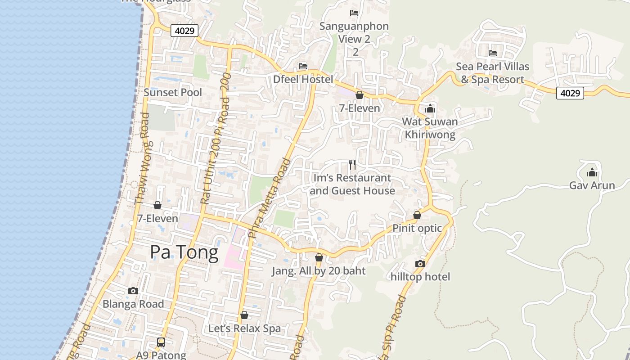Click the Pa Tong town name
[184, 252]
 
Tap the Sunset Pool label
[173, 93]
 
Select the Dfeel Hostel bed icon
[303, 66]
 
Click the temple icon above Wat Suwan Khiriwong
[430, 108]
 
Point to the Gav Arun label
[592, 185]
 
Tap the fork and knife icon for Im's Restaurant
[352, 165]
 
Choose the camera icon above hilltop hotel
[420, 264]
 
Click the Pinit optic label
[417, 228]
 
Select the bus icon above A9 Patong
[161, 342]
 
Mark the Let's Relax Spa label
[244, 328]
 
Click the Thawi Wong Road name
[142, 158]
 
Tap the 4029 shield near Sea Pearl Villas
[570, 93]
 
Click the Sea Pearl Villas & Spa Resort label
[492, 73]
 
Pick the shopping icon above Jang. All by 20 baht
[319, 258]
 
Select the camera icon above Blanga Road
[133, 291]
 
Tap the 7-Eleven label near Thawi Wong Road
[157, 219]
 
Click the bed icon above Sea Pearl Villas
[493, 53]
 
